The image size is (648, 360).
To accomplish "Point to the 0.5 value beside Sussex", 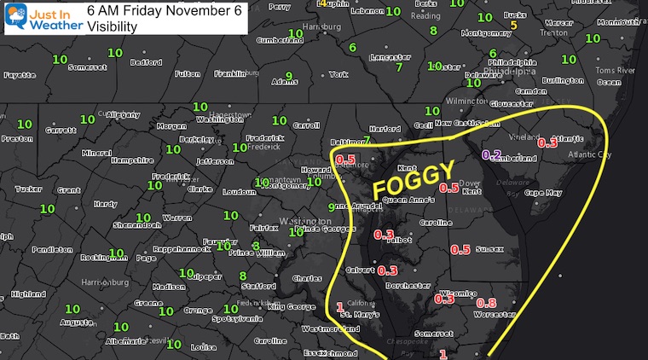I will click(x=460, y=250).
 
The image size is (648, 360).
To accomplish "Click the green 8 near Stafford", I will click(x=243, y=276).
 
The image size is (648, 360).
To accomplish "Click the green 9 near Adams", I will click(x=289, y=76).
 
